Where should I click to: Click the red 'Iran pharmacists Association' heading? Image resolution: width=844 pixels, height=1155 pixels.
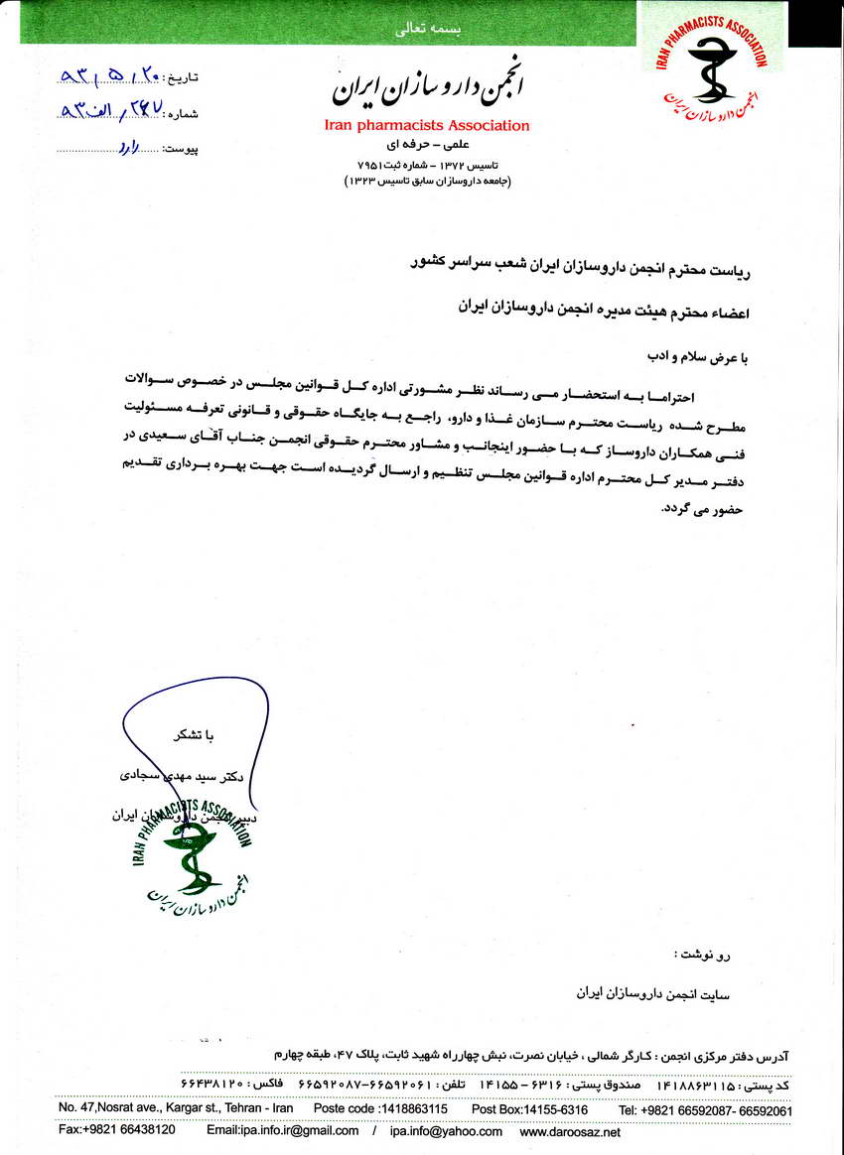click(x=427, y=126)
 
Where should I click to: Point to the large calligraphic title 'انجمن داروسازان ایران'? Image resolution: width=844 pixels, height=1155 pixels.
click(x=427, y=89)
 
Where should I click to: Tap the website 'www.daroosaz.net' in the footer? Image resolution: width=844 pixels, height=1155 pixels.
click(x=570, y=1131)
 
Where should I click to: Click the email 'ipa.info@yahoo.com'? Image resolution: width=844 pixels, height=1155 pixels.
click(x=446, y=1131)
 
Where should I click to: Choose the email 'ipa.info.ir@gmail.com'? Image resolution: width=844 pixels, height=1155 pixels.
click(x=283, y=1131)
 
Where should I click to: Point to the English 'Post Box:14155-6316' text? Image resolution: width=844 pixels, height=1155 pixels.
click(x=529, y=1108)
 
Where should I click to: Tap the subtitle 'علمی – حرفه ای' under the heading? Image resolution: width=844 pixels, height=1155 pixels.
click(x=427, y=144)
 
